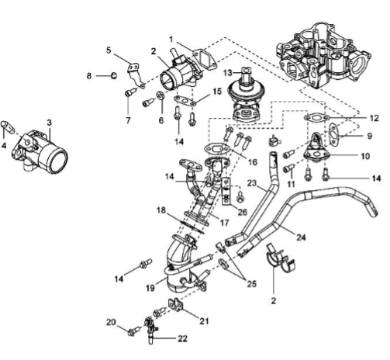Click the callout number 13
point(228,73)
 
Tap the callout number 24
point(301,237)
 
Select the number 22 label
point(182,338)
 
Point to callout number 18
point(161,210)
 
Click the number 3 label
point(50,123)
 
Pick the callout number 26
point(242,212)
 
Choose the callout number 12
point(374,118)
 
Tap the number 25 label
point(251,284)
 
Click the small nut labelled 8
point(113,75)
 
